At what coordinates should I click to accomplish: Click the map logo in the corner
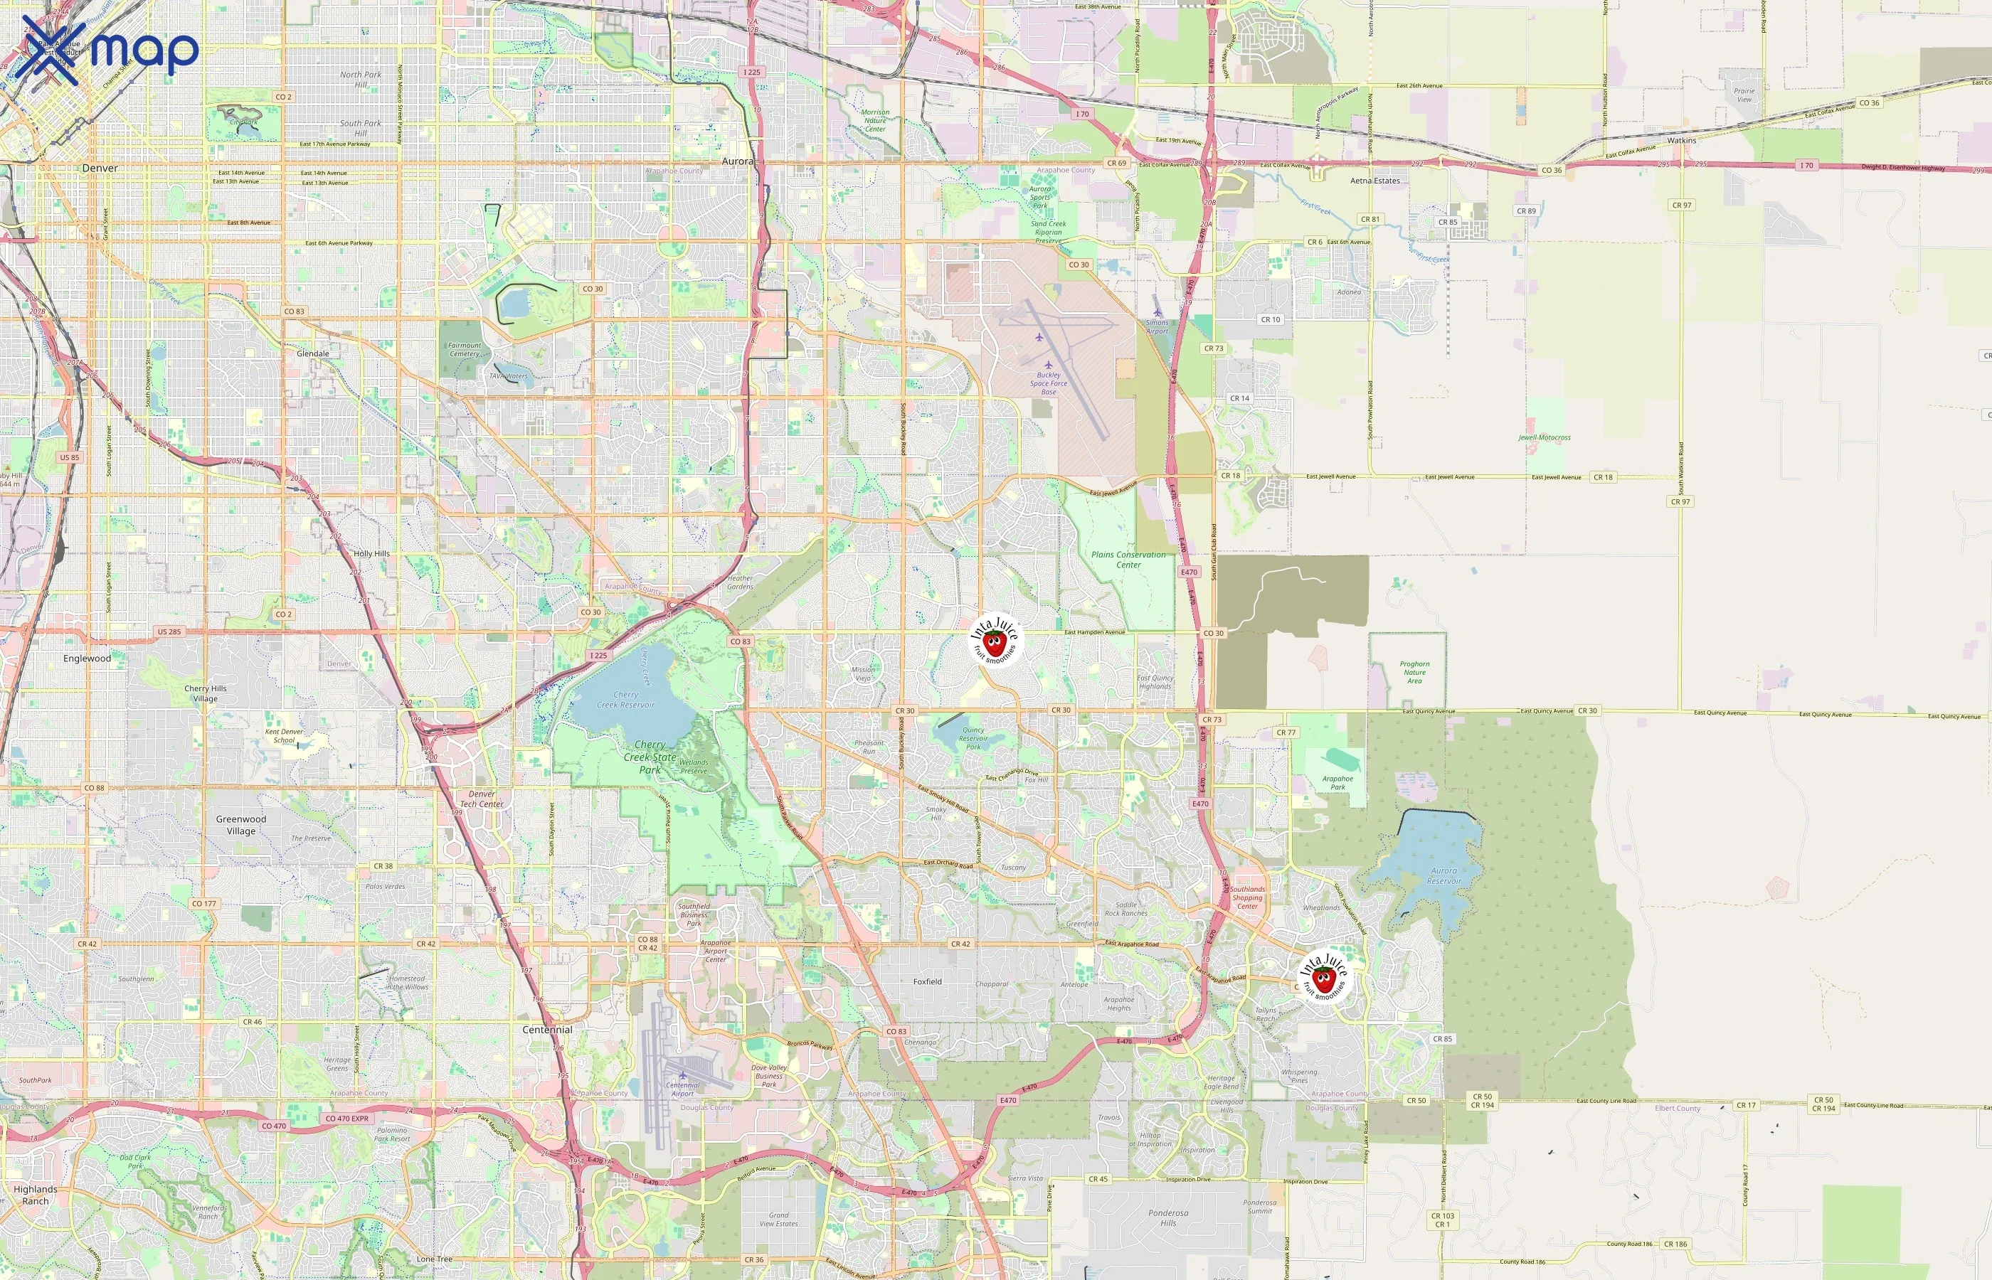coord(107,50)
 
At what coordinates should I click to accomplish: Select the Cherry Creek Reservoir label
coord(625,700)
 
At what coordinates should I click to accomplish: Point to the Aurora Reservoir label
coord(1443,876)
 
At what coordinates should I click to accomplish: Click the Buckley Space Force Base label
coord(1049,383)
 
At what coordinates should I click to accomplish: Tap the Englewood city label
coord(87,658)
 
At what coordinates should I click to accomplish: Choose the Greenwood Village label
coord(241,824)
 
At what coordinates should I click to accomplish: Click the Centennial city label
coord(547,1029)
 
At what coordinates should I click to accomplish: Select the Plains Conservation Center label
coord(1128,560)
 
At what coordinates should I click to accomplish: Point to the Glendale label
coord(312,353)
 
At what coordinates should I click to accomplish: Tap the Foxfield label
coord(927,981)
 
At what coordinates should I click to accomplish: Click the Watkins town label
coord(1681,141)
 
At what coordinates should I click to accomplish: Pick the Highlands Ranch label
coord(35,1195)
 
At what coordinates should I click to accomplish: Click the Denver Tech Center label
coord(482,799)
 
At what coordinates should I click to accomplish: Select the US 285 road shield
coord(169,631)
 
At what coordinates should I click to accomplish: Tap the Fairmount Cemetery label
coord(464,349)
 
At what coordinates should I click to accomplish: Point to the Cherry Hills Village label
coord(206,693)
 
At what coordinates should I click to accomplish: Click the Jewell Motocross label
coord(1544,437)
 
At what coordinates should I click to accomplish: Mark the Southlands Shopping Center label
coord(1247,897)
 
